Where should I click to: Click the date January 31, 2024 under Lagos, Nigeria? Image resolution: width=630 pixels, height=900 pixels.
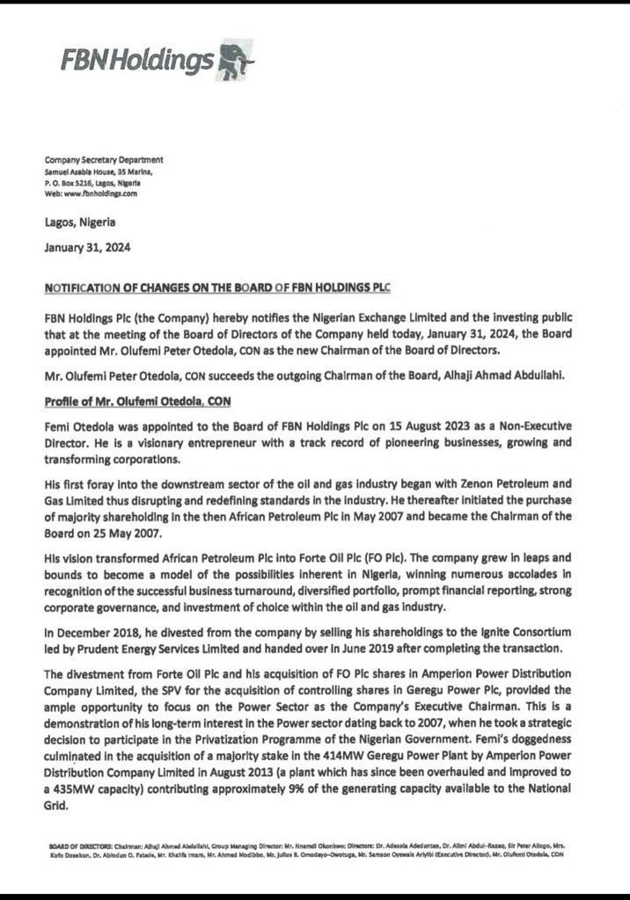click(87, 248)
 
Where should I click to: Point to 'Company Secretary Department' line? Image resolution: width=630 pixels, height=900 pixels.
click(104, 159)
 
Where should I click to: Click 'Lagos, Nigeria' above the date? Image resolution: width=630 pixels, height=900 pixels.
click(80, 222)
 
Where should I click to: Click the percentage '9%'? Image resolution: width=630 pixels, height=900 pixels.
click(276, 788)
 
